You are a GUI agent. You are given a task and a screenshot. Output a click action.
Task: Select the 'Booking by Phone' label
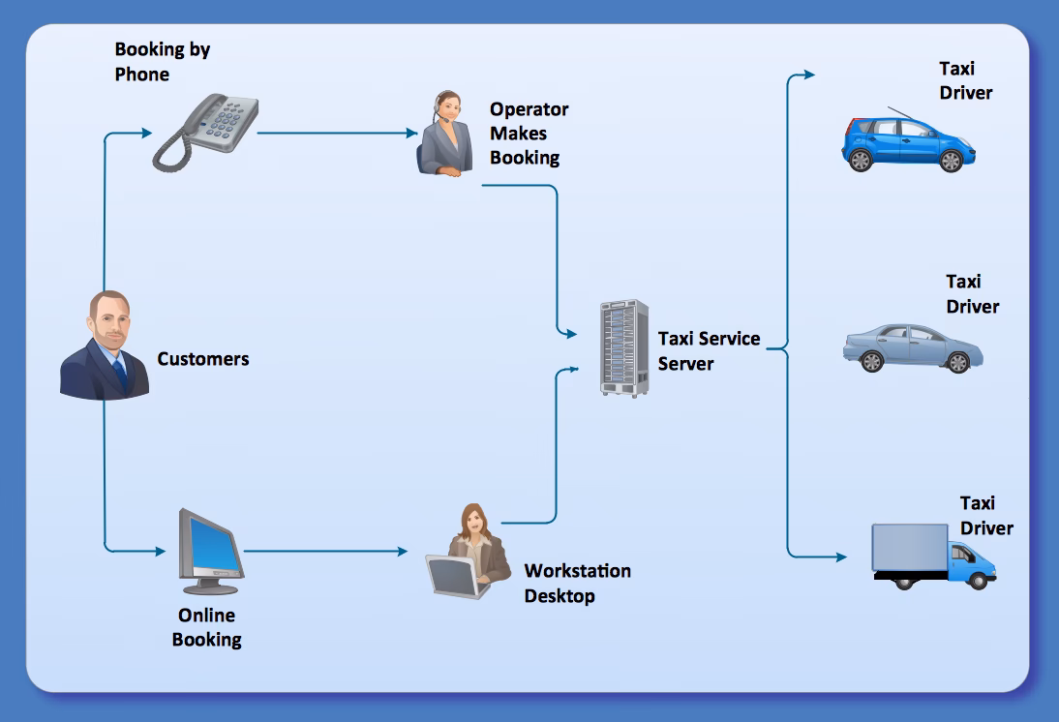click(x=162, y=62)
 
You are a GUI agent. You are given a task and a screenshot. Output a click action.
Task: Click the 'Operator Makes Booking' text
click(x=529, y=134)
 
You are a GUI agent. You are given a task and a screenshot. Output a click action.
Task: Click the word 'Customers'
click(x=203, y=359)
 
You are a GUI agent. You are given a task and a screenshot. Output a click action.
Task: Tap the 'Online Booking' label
click(x=206, y=627)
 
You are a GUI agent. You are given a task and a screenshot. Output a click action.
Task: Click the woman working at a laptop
click(x=469, y=554)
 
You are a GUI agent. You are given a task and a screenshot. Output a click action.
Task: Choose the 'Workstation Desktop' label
click(x=577, y=584)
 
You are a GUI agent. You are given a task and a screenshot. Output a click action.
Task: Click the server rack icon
click(x=624, y=347)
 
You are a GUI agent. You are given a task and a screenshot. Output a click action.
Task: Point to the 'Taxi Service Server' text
click(x=709, y=351)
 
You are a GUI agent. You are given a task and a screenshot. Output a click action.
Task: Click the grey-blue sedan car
click(x=912, y=347)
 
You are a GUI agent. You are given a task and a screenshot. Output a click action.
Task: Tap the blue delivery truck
click(x=933, y=557)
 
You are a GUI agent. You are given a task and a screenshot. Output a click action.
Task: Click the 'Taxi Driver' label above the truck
click(x=986, y=516)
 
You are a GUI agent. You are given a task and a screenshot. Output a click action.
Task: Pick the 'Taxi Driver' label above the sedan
click(x=972, y=294)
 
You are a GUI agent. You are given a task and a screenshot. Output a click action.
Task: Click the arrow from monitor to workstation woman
click(x=325, y=552)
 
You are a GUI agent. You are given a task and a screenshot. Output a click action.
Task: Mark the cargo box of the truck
click(x=910, y=549)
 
